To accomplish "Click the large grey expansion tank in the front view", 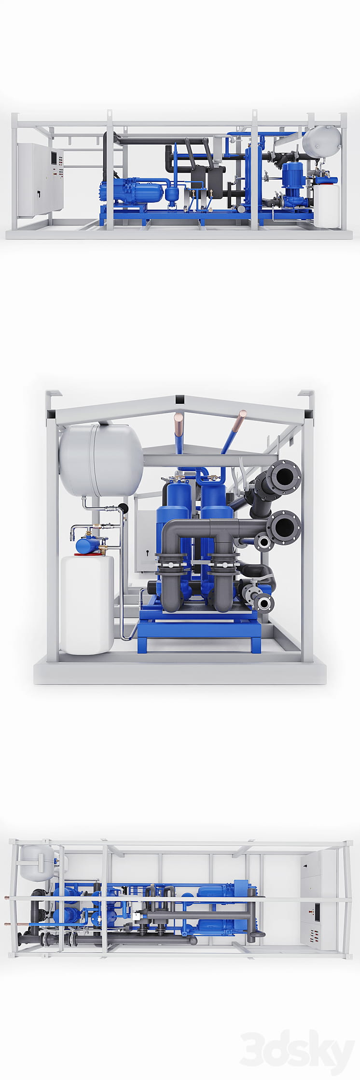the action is point(101,459).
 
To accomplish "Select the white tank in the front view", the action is point(87,604).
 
